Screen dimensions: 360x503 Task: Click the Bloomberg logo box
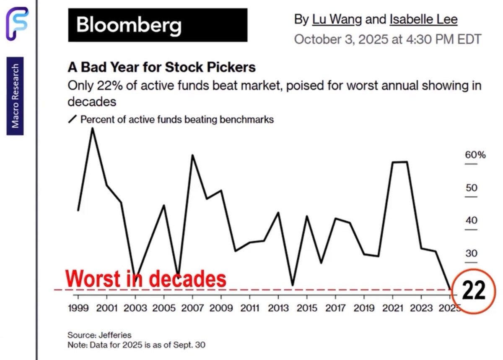pyautogui.click(x=158, y=25)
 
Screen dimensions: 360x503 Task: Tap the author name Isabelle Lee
pyautogui.click(x=423, y=19)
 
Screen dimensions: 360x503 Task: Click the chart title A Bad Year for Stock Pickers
pyautogui.click(x=161, y=67)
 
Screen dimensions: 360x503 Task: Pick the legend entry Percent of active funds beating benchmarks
pyautogui.click(x=176, y=120)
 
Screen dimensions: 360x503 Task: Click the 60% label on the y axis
pyautogui.click(x=475, y=155)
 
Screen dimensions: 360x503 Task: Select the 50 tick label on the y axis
pyautogui.click(x=472, y=188)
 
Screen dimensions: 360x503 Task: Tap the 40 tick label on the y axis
pyautogui.click(x=472, y=220)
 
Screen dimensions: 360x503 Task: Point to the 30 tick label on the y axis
pyautogui.click(x=472, y=253)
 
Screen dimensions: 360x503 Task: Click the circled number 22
pyautogui.click(x=473, y=290)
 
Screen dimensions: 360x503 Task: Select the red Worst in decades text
pyautogui.click(x=146, y=279)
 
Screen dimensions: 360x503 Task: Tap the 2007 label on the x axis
pyautogui.click(x=193, y=309)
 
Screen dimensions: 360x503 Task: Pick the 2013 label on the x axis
pyautogui.click(x=279, y=309)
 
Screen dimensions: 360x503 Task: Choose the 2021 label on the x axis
pyautogui.click(x=393, y=309)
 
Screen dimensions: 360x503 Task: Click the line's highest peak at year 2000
pyautogui.click(x=92, y=128)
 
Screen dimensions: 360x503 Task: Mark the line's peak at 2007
pyautogui.click(x=192, y=155)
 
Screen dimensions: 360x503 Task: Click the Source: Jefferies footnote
pyautogui.click(x=99, y=335)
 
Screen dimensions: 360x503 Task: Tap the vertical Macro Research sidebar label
pyautogui.click(x=15, y=96)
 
